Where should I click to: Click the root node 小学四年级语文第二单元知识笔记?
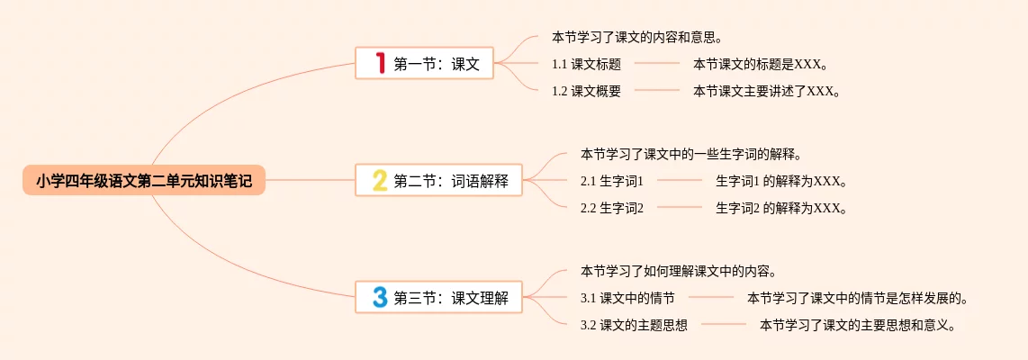(144, 181)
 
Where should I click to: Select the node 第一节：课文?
(425, 63)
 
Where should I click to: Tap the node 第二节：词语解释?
(438, 181)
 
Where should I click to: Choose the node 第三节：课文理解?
(438, 298)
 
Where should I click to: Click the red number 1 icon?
(380, 63)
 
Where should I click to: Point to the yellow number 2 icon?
(380, 181)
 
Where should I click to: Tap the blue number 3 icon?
(380, 298)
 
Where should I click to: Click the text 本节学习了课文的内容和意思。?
(638, 38)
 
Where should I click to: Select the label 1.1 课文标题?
(586, 64)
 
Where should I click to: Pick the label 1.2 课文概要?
(586, 91)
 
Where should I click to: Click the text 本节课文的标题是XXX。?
(760, 64)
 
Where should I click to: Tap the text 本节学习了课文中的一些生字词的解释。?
(690, 154)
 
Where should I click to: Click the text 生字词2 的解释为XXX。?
(781, 208)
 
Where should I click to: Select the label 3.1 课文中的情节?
(627, 298)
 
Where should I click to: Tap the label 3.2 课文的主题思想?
(634, 325)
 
